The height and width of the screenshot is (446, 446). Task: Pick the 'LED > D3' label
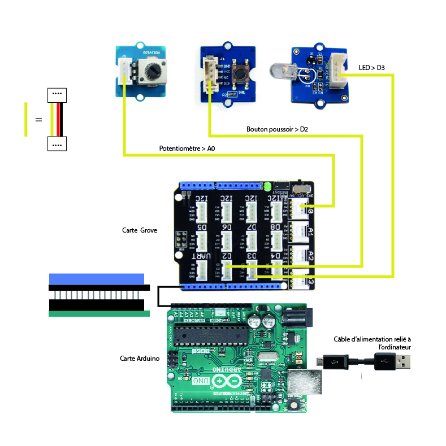(x=372, y=68)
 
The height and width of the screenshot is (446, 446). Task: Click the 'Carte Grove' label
(x=140, y=230)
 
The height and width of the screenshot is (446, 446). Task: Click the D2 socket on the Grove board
(x=227, y=270)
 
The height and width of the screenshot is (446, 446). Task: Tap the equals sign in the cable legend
(x=38, y=120)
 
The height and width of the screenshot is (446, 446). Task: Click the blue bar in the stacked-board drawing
(x=96, y=278)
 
